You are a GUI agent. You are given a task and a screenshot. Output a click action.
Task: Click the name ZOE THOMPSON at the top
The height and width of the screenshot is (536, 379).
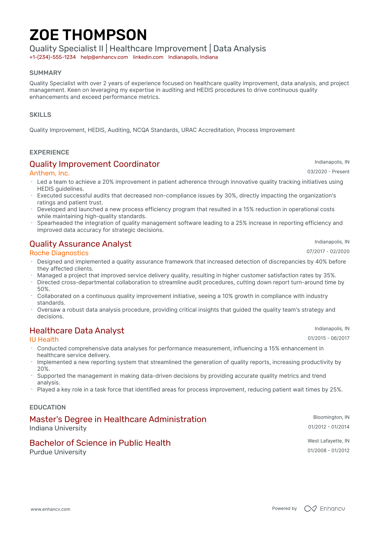point(88,35)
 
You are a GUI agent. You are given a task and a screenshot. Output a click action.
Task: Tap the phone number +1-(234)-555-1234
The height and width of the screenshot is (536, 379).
point(52,57)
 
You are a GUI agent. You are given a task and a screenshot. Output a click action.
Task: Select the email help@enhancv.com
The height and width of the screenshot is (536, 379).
point(104,57)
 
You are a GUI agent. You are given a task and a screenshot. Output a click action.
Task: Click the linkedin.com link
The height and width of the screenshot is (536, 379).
point(148,57)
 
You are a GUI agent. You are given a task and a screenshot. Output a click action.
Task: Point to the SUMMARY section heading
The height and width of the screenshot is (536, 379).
point(45,73)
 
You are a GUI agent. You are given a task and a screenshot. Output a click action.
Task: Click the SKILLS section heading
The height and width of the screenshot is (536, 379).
point(40,115)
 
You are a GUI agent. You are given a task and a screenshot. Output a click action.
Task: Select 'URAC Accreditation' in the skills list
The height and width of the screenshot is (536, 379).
point(208,130)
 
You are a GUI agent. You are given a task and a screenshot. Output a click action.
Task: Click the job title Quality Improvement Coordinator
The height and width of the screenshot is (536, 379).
point(95,164)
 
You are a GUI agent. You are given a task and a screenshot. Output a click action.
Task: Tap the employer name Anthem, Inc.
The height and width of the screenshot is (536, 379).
point(49,173)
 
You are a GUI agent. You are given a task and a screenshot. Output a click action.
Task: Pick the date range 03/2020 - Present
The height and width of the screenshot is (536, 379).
point(328,172)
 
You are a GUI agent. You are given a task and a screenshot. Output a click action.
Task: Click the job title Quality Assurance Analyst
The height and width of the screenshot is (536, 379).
point(80,244)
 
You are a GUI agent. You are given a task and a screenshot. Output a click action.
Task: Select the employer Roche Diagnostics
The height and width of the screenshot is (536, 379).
point(59,253)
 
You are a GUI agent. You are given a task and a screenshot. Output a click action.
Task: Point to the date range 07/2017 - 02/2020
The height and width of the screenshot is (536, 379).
point(328,251)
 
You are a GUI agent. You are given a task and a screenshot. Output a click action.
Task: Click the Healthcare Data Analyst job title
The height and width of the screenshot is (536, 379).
point(77,331)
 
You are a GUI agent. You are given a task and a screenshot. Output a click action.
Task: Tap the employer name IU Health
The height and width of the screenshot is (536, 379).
point(44,340)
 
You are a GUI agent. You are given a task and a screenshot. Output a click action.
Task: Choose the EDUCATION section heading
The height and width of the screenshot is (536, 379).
point(48,407)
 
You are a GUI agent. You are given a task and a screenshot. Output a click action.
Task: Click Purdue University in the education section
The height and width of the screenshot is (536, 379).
point(58,452)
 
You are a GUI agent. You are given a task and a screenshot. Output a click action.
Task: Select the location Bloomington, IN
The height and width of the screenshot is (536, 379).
point(331,417)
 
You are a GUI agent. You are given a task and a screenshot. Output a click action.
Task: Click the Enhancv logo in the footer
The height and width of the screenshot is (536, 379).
point(324,509)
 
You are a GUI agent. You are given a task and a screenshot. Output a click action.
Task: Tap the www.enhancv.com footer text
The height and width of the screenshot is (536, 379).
point(50,509)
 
